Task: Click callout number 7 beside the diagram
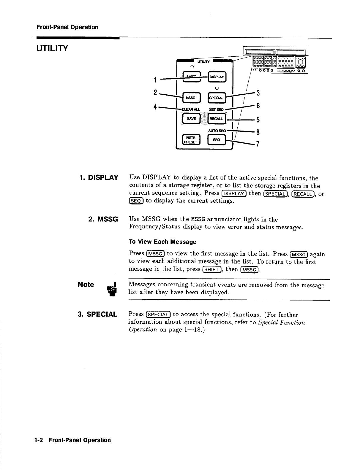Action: (258, 145)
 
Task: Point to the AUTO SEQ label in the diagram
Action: (217, 130)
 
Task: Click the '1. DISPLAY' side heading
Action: (99, 178)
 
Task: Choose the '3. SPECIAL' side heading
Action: (97, 314)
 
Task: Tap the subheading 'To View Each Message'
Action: (162, 242)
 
